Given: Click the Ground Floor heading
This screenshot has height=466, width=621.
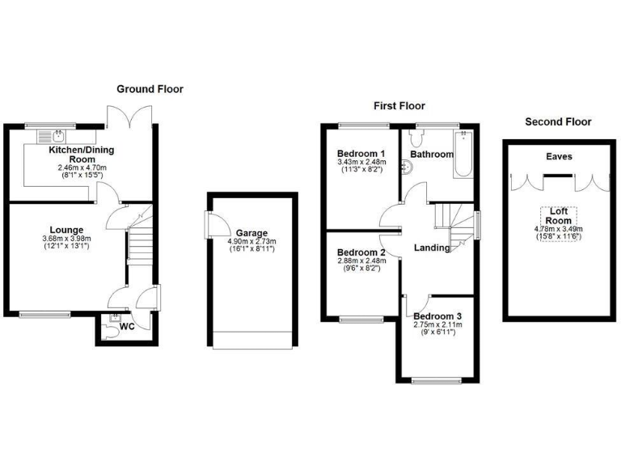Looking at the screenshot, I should [x=150, y=89].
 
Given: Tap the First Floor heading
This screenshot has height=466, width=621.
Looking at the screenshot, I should [x=399, y=106].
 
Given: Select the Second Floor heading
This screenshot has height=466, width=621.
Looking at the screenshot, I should [x=558, y=122].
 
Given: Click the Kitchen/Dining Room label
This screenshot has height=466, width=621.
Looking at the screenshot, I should [x=82, y=150].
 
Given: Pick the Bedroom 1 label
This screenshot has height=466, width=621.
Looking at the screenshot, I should [x=360, y=154].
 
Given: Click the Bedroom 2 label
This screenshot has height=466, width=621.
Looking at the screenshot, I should [x=360, y=252].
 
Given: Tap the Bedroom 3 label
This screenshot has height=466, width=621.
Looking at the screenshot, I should [x=437, y=316].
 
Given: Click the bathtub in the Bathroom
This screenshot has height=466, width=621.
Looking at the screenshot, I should [x=465, y=155].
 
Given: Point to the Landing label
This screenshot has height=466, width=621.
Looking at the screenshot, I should [x=432, y=248].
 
